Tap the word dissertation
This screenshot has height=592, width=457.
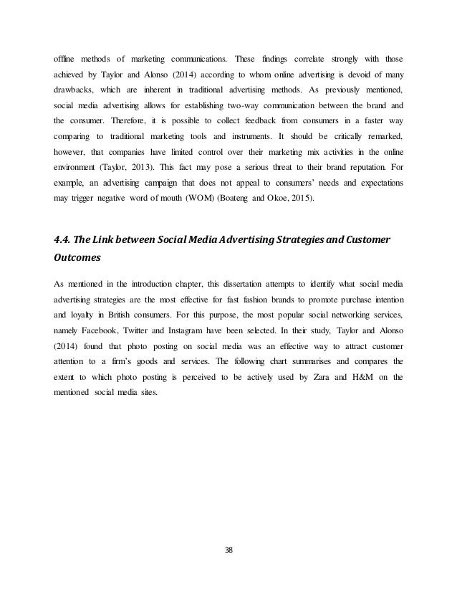coord(249,286)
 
